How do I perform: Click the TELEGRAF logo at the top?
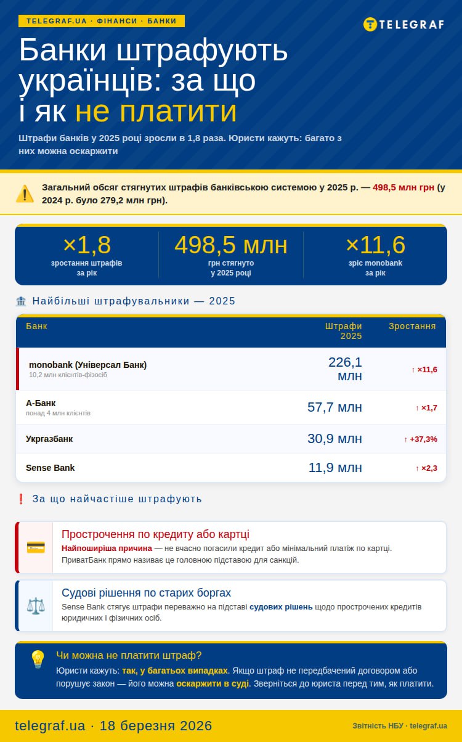tap(403, 25)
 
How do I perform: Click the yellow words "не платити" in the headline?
tap(156, 112)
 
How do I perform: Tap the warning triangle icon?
tap(25, 194)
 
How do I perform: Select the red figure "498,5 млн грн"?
tap(403, 187)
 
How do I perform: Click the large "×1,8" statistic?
tap(86, 245)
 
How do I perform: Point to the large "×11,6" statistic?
tap(375, 245)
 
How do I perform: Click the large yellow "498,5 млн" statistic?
tap(231, 245)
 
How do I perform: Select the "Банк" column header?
tap(36, 326)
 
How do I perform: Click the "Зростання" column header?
tap(412, 326)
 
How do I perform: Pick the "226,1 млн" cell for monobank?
tap(345, 369)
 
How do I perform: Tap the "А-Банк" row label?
tap(41, 403)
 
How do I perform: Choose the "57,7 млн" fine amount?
tap(334, 407)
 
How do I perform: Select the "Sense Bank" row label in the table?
tap(50, 468)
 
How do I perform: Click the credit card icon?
tap(36, 547)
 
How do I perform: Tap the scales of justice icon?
tap(36, 606)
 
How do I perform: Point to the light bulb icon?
tap(38, 659)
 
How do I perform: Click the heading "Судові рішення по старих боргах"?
tap(146, 593)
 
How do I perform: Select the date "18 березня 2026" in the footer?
tap(156, 725)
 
